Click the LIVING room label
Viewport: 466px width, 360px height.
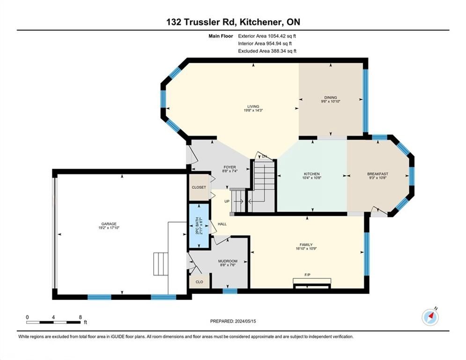coord(253,106)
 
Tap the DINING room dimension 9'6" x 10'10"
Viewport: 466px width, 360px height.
coord(331,101)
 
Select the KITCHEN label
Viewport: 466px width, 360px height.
coord(311,174)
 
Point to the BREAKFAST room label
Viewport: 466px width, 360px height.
coord(377,174)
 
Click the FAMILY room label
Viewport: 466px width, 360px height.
coord(306,245)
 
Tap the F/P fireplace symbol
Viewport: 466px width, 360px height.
coord(312,283)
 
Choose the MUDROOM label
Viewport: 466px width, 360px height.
coord(228,261)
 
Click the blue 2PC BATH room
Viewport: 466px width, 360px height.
coord(199,226)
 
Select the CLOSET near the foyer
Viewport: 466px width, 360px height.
coord(199,187)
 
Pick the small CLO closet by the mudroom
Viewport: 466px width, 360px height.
coord(200,282)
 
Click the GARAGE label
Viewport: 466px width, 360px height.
coord(109,224)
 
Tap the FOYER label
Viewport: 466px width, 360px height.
coord(230,167)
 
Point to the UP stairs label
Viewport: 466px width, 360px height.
coord(227,202)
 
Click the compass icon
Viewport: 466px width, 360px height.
coord(430,317)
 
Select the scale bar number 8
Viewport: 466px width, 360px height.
coord(80,317)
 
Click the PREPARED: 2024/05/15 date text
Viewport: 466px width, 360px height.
coord(233,321)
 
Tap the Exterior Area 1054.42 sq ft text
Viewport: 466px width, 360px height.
coord(267,36)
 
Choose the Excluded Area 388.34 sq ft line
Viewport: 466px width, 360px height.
coord(267,51)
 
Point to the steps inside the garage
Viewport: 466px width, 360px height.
coord(161,264)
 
